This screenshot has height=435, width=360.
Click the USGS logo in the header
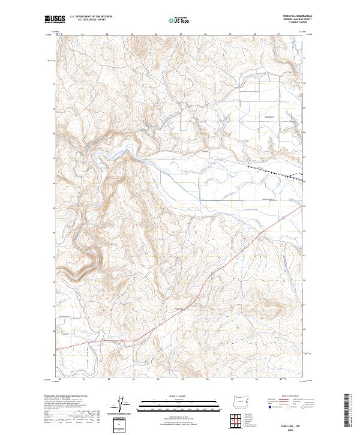tap(55, 19)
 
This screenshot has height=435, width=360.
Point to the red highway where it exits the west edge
tap(58, 348)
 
